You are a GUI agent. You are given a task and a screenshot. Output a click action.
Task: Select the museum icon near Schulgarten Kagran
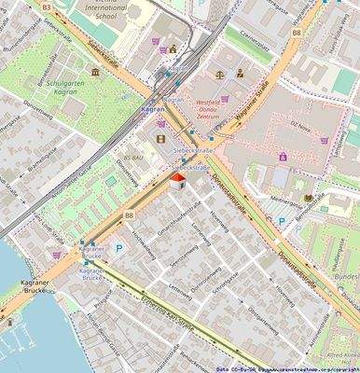click(x=95, y=71)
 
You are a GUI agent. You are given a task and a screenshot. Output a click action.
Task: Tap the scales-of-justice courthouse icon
click(x=219, y=73)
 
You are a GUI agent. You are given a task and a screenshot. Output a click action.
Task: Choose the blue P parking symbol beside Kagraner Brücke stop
click(x=118, y=249)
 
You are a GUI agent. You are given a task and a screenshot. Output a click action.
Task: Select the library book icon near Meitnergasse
click(x=309, y=198)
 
